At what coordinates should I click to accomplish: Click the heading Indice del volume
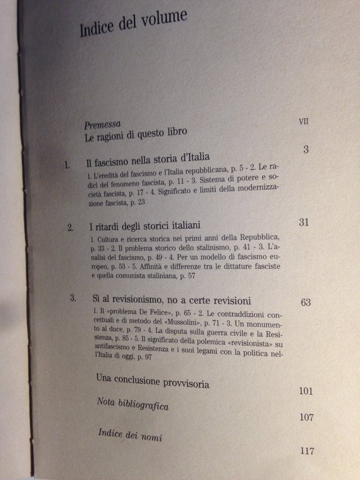coord(133,24)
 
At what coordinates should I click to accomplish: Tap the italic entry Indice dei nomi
coord(126,435)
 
